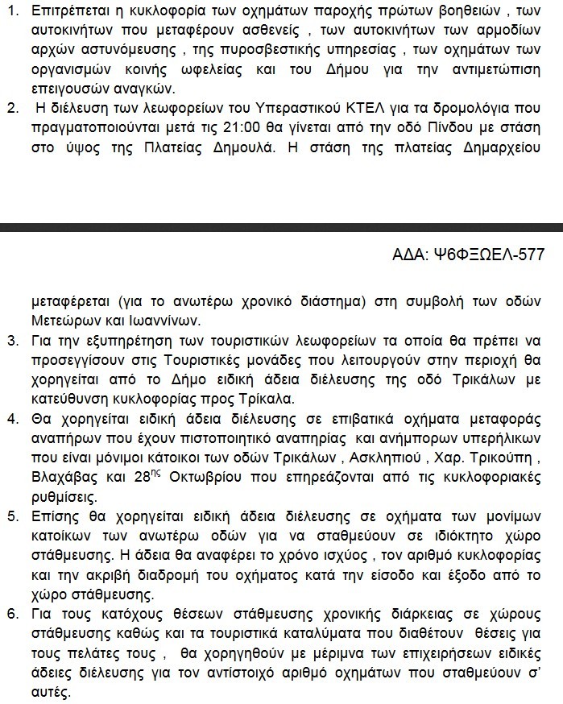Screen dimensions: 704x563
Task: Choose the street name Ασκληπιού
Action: point(383,458)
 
